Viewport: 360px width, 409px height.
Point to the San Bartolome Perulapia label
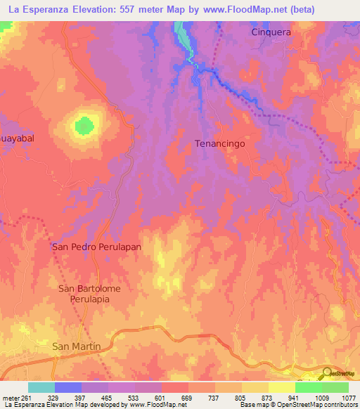[x=84, y=294]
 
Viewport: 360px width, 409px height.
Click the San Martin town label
[x=77, y=346]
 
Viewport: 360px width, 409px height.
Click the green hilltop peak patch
[x=84, y=126]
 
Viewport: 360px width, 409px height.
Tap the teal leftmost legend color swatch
[x=41, y=387]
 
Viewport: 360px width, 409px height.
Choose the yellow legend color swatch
[x=281, y=387]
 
